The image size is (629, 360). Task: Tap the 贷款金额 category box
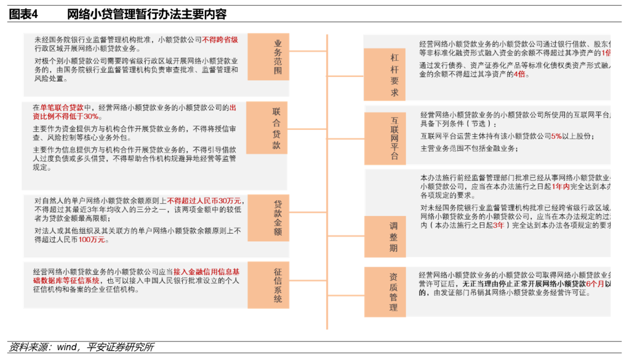pos(277,218)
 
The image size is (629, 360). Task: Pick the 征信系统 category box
pos(277,285)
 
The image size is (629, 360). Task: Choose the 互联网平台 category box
pos(394,138)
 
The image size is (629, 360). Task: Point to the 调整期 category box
pos(394,236)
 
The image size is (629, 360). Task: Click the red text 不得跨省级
pos(220,40)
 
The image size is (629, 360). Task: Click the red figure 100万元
pos(92,239)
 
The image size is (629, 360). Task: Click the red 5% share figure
pos(556,136)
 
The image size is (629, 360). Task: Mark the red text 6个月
pos(595,283)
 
